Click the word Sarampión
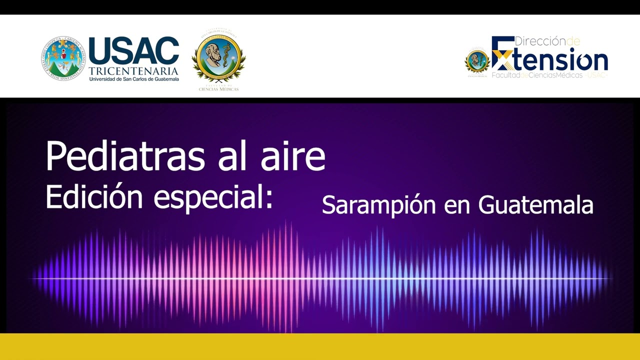379,205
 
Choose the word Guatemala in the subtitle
535,205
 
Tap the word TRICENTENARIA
133,70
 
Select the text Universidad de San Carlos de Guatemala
133,79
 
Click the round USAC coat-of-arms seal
63,58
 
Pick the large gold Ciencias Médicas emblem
218,56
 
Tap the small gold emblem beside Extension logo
477,61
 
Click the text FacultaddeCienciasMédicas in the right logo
537,75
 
